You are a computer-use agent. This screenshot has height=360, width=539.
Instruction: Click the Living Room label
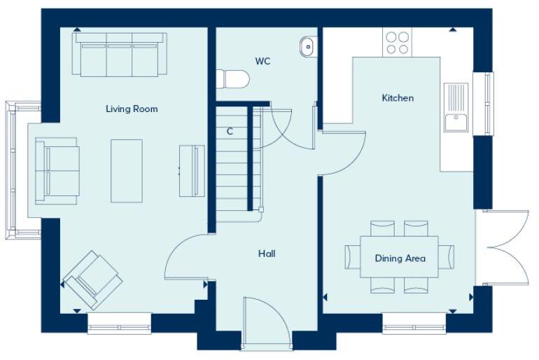point(132,109)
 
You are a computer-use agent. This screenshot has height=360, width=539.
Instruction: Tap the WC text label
point(262,62)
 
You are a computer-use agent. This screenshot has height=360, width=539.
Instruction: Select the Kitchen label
point(397,98)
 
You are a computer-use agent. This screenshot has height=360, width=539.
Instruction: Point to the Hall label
point(266,254)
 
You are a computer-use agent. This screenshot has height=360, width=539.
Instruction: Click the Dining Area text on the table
point(400,258)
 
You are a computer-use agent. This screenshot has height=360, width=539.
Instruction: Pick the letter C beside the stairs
point(230,131)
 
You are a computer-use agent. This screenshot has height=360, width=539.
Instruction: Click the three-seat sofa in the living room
point(120,54)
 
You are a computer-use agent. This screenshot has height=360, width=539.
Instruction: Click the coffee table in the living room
point(127,170)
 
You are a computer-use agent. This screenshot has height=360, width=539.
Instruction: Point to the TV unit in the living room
point(191,170)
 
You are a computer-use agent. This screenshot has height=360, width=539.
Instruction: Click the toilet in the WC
point(232,78)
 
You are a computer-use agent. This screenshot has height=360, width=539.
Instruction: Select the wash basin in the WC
point(308,47)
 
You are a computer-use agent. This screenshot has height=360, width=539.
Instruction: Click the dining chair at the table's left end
point(352,257)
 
